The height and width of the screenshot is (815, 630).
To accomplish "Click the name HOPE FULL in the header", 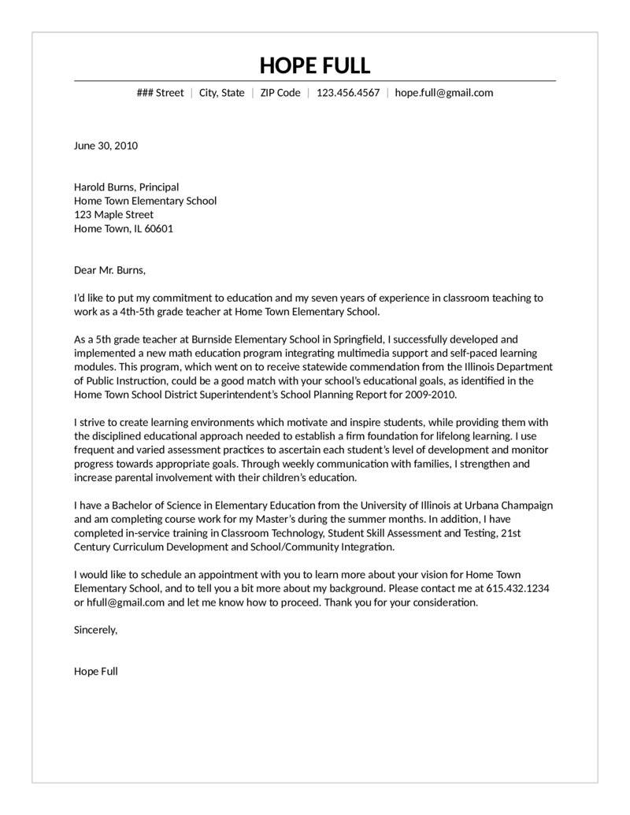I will click(x=314, y=65).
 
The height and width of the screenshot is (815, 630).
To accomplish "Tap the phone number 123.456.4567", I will click(x=347, y=93).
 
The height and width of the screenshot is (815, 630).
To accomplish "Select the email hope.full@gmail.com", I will click(x=444, y=93).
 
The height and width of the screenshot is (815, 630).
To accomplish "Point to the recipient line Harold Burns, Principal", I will click(x=126, y=187).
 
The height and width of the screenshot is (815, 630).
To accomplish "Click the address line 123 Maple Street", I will click(x=113, y=215).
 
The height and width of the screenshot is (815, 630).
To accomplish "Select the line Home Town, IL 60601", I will click(x=124, y=229).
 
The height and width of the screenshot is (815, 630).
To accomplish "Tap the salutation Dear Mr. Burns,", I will click(x=109, y=271).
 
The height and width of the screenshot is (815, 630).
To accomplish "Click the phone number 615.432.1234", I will click(x=517, y=589).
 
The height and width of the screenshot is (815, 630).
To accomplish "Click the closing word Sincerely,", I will click(x=95, y=630).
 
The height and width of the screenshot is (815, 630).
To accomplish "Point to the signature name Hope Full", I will click(x=95, y=672).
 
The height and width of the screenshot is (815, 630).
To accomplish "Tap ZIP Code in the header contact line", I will click(x=280, y=93).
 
